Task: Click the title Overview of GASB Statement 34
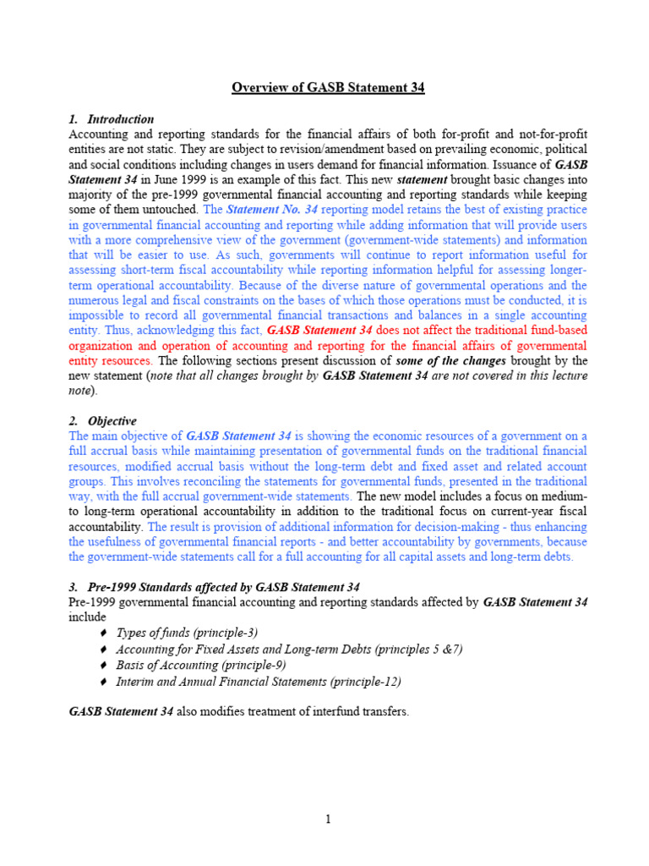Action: click(329, 88)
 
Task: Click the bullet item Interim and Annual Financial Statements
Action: click(258, 681)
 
